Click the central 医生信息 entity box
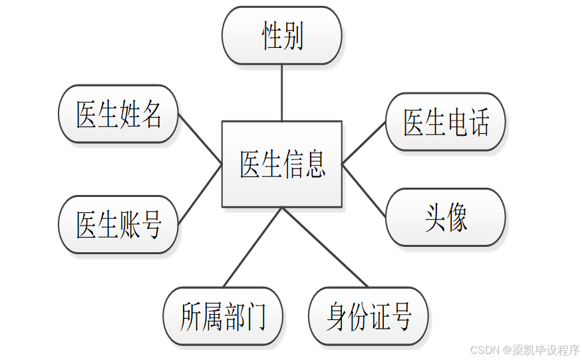click(282, 164)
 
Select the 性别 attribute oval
click(282, 35)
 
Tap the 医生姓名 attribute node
click(119, 114)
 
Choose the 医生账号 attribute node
click(119, 224)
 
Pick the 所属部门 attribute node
click(223, 316)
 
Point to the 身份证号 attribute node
click(368, 316)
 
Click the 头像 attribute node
click(446, 218)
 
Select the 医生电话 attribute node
click(446, 122)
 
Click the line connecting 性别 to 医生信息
click(282, 92)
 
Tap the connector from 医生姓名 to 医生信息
click(200, 138)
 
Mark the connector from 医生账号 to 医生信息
click(200, 192)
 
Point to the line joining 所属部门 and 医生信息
click(253, 247)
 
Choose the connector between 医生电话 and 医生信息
click(364, 143)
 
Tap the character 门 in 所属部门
click(255, 316)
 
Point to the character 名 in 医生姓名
click(152, 114)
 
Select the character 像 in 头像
click(457, 218)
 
